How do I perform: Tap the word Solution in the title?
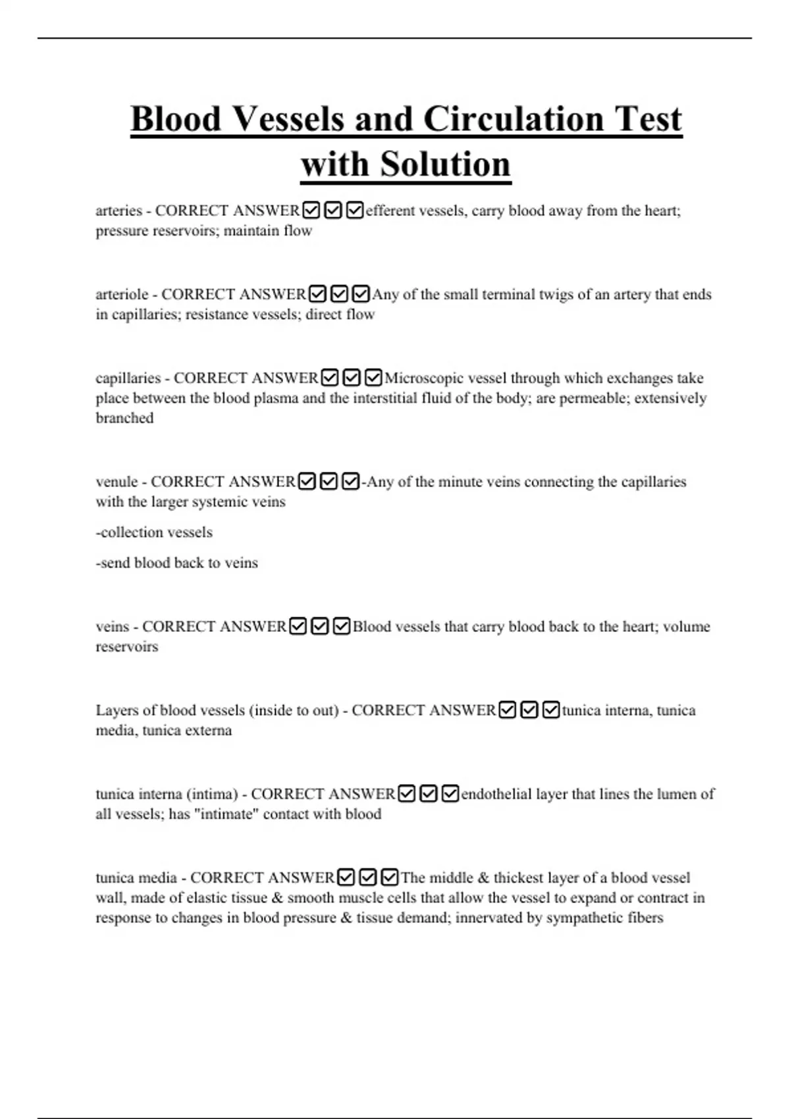click(x=445, y=164)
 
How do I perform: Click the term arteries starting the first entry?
click(x=118, y=211)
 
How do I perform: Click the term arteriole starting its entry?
click(x=122, y=294)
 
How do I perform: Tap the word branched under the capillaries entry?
click(x=124, y=418)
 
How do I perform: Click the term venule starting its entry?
click(x=117, y=482)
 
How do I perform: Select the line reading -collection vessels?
click(x=154, y=532)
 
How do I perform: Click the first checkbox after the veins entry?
click(x=298, y=627)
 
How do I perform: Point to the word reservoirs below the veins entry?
click(x=127, y=646)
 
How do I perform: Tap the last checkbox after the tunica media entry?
click(x=390, y=877)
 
